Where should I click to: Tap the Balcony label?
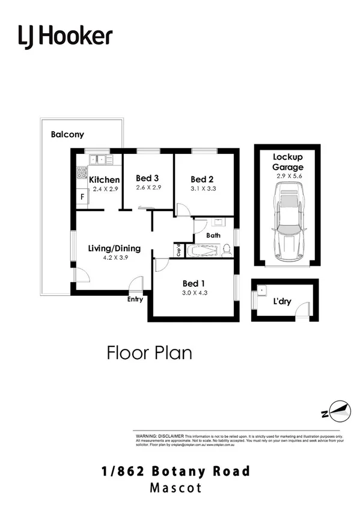67,135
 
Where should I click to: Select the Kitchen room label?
105,179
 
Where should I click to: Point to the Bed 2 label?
203,179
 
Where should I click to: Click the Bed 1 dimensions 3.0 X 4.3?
194,293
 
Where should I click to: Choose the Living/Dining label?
114,248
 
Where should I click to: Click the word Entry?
135,299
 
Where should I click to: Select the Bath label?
213,236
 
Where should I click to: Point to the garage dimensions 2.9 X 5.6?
287,176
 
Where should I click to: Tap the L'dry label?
282,301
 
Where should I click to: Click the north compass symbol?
335,412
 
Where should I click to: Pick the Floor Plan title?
150,352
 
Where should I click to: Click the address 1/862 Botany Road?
176,471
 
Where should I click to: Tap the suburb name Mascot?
176,487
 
